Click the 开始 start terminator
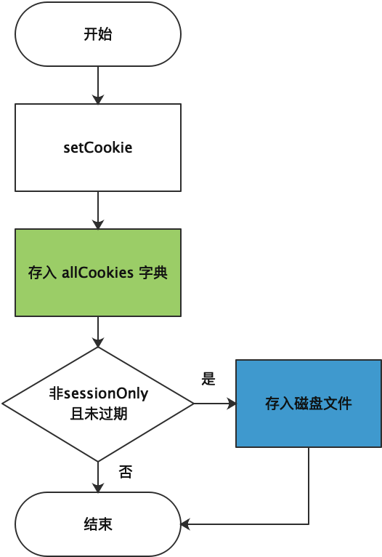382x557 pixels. (x=98, y=34)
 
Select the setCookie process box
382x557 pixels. (x=98, y=147)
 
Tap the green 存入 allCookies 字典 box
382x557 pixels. (x=98, y=273)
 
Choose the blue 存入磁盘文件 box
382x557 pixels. (x=309, y=403)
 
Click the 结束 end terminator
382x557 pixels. (x=98, y=524)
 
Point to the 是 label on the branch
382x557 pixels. (x=208, y=379)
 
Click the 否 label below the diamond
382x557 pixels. (x=126, y=472)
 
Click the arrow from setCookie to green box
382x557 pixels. (x=98, y=210)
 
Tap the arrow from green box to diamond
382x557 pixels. (x=98, y=332)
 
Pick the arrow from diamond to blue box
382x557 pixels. (x=215, y=404)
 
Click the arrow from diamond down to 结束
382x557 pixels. (x=98, y=477)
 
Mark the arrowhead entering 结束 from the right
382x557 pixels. (x=185, y=524)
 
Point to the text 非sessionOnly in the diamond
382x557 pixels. (x=98, y=394)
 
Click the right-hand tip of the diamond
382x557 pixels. (x=192, y=404)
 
